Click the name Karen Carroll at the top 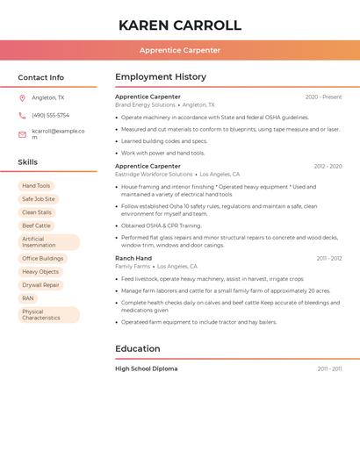point(180,25)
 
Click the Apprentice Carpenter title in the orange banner point(180,50)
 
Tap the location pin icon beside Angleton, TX point(22,97)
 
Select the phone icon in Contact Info point(22,115)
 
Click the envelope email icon point(22,134)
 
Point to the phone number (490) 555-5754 point(50,115)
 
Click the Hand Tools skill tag point(36,186)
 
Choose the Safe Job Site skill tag point(39,199)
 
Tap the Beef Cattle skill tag point(36,225)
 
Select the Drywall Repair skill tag point(40,285)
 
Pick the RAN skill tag point(28,298)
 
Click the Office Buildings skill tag point(42,259)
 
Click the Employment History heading point(161,77)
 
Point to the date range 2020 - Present point(323,97)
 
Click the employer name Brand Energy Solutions point(146,105)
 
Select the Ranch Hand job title point(133,258)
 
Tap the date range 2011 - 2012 point(329,258)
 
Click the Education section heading point(138,349)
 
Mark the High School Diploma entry point(147,368)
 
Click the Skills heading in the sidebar point(28,162)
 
